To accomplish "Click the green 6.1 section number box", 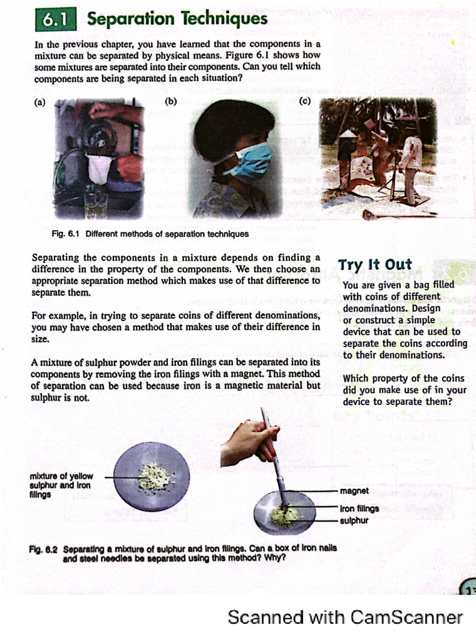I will pos(55,20).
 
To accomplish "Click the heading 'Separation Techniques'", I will pos(177,19).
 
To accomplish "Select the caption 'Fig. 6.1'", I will pos(66,234).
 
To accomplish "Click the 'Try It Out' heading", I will pos(375,265).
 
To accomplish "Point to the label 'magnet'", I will pos(355,491).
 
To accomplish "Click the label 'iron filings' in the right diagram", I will pos(359,508).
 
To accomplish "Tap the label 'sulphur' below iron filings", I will pos(354,520).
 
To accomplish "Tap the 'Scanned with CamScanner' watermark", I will pos(345,617).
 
